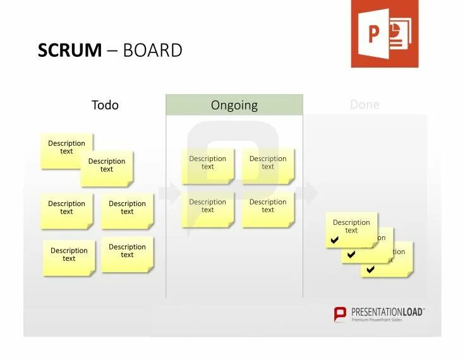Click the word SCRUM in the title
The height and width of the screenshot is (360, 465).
pyautogui.click(x=69, y=51)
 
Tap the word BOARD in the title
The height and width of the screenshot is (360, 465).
pyautogui.click(x=152, y=51)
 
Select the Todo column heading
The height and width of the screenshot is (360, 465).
pyautogui.click(x=105, y=105)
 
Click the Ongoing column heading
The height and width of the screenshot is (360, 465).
pyautogui.click(x=234, y=105)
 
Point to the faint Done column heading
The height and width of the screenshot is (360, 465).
pyautogui.click(x=365, y=105)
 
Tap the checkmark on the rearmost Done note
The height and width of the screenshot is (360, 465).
pyautogui.click(x=371, y=270)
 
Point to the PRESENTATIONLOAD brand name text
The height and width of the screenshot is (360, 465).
pyautogui.click(x=388, y=312)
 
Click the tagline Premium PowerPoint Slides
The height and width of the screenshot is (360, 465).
pyautogui.click(x=377, y=320)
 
